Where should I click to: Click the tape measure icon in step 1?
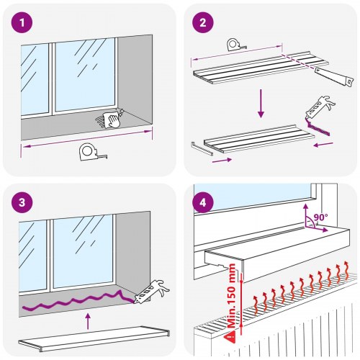(x=87, y=153)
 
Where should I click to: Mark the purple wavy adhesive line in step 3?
(x=72, y=303)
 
